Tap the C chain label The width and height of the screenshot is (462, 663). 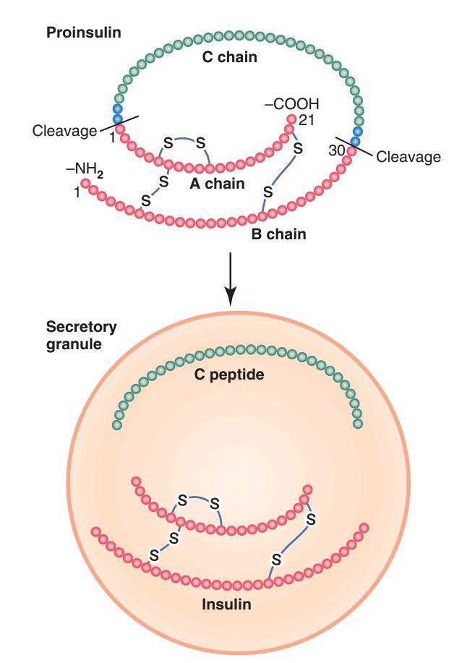231,56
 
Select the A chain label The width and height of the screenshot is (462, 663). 217,184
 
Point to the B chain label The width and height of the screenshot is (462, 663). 278,234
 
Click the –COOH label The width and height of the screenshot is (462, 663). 291,104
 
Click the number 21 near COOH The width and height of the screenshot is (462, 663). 305,120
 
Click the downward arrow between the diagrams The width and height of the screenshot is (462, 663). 230,278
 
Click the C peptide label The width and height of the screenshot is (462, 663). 231,375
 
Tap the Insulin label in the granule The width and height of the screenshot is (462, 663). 226,604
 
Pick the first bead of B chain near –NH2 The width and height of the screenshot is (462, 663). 85,184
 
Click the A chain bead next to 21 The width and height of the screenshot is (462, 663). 291,119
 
